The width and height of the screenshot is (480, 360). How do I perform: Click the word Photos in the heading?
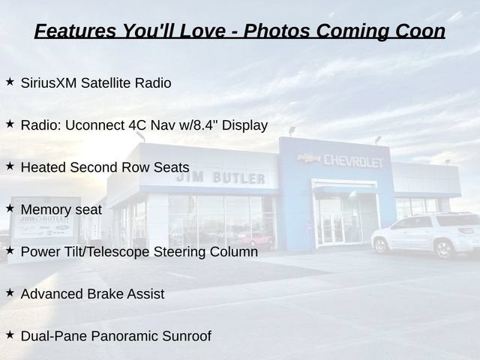coord(277,31)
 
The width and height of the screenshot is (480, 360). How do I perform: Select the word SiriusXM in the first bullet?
coord(49,83)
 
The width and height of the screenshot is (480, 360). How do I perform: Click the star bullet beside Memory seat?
coord(10,208)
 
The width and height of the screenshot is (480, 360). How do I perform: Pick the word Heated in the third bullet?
coord(43,167)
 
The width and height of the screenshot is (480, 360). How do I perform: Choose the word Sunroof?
coord(187,336)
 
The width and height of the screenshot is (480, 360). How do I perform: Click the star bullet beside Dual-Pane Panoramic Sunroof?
coord(10,335)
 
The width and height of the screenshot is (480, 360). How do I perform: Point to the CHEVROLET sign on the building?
coord(353,161)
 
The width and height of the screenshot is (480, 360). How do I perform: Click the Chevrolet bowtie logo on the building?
coord(309,158)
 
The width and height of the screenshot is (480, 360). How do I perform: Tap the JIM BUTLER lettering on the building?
coord(220,178)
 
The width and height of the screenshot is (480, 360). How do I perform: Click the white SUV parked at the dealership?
coord(425,234)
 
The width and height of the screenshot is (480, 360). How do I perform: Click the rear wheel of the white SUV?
coord(444,248)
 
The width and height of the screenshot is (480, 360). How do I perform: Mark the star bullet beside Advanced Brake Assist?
coord(10,292)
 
